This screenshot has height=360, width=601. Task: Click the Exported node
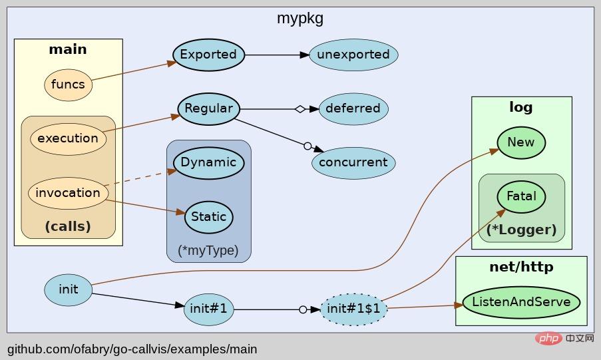click(x=208, y=55)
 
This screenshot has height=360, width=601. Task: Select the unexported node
click(x=353, y=55)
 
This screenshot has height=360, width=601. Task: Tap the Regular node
click(x=208, y=108)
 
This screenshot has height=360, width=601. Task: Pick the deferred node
click(x=353, y=108)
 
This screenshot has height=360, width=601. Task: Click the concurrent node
click(x=353, y=162)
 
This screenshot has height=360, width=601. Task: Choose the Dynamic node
click(x=208, y=162)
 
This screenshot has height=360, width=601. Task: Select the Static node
click(x=208, y=217)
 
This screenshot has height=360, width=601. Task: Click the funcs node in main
click(x=68, y=85)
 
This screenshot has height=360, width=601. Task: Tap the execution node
click(x=68, y=138)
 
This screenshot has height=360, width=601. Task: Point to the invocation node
click(x=68, y=193)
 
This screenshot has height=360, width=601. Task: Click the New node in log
click(x=520, y=142)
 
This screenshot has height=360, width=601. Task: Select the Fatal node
click(x=520, y=197)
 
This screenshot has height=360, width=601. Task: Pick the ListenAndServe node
click(x=521, y=302)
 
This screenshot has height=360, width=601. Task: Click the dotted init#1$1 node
click(x=353, y=309)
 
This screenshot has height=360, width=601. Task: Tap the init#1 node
click(x=208, y=309)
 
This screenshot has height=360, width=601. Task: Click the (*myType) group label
click(x=208, y=251)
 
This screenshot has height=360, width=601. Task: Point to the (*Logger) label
click(x=521, y=230)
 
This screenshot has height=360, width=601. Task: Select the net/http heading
click(x=521, y=268)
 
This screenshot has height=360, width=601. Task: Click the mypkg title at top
click(x=300, y=18)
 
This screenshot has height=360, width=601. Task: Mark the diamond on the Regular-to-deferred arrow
click(x=300, y=108)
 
